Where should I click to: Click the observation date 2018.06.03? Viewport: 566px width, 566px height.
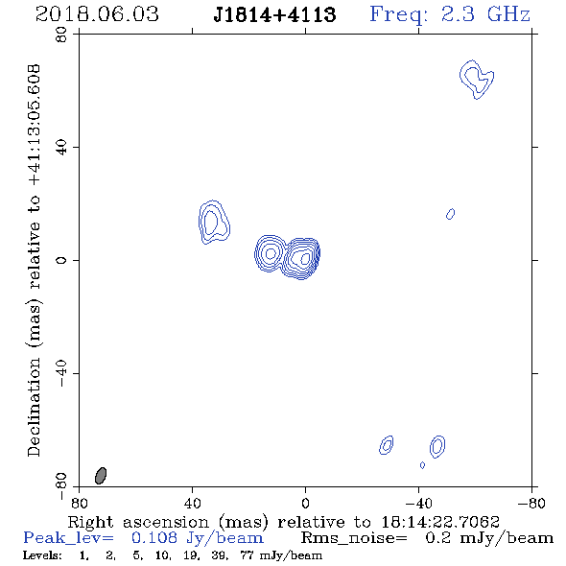click(97, 14)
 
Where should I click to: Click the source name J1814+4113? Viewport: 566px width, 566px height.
click(274, 14)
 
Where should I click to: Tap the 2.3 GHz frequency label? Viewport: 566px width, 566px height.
click(485, 14)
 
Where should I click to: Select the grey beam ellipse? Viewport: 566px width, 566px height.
click(101, 476)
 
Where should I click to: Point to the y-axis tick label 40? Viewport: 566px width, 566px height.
click(61, 148)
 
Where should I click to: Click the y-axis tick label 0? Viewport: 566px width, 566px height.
click(61, 260)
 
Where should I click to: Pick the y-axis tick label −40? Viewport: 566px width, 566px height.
click(61, 373)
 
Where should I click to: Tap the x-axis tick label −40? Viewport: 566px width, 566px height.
click(418, 504)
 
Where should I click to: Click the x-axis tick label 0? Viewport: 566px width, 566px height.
click(305, 504)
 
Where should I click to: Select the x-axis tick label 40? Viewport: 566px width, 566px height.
click(192, 504)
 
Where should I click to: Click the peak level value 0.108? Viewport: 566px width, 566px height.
click(154, 538)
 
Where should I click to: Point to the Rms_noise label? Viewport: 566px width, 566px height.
click(353, 538)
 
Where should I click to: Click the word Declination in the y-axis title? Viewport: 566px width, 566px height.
click(34, 407)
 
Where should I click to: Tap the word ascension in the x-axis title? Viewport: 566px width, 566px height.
click(166, 522)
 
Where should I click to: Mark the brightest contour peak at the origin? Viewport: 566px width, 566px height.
click(305, 258)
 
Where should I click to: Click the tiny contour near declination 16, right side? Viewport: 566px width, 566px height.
click(451, 214)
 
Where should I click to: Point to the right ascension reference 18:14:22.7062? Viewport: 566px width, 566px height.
click(440, 522)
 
